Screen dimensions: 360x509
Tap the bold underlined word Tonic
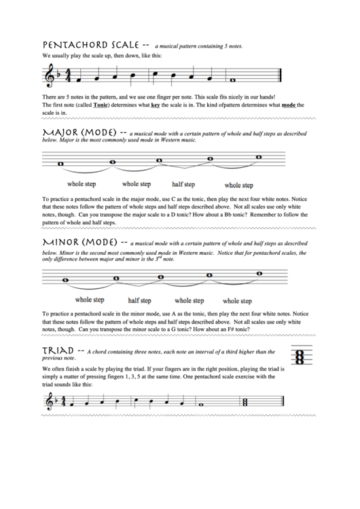[101, 105]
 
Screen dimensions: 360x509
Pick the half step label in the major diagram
[183, 184]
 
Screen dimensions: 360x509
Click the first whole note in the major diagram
[62, 164]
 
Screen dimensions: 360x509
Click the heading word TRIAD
[57, 351]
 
